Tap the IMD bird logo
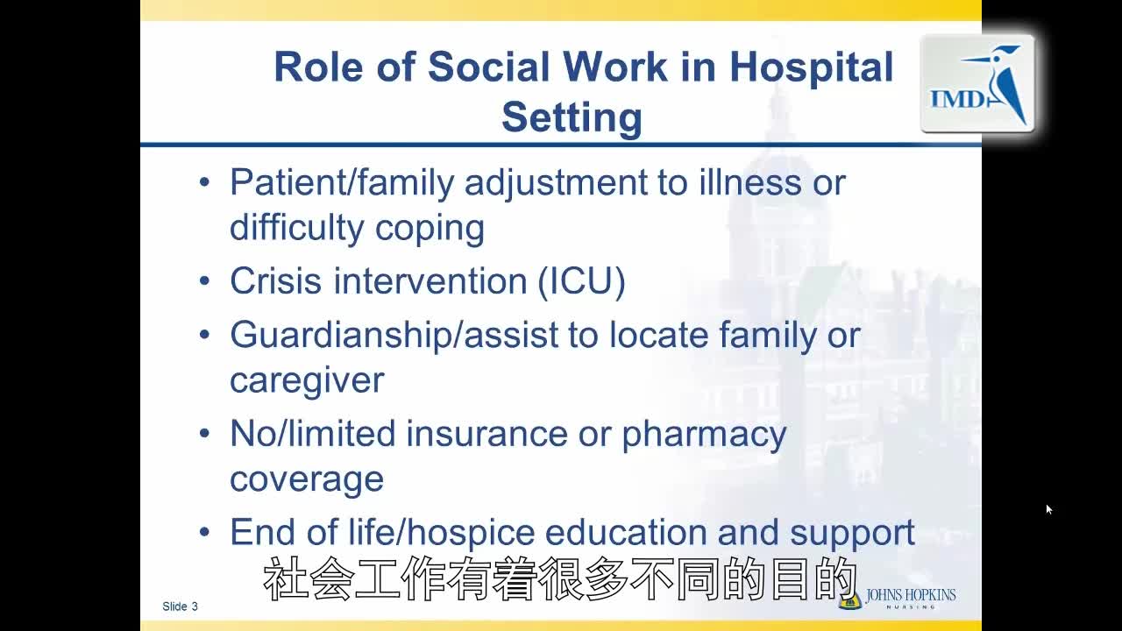coord(977,83)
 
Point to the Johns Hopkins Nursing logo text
coord(910,599)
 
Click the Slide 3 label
coord(180,606)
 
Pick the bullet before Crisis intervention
coord(204,281)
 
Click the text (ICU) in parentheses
coord(581,281)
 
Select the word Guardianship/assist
coord(394,336)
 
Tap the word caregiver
coord(307,381)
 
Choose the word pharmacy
coord(704,435)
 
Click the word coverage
coord(307,479)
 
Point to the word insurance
coord(487,434)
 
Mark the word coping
coord(430,230)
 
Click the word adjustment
coord(556,183)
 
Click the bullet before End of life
coord(204,531)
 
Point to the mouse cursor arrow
coord(1048,509)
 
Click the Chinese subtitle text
coord(560,578)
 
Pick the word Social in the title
coord(489,67)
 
